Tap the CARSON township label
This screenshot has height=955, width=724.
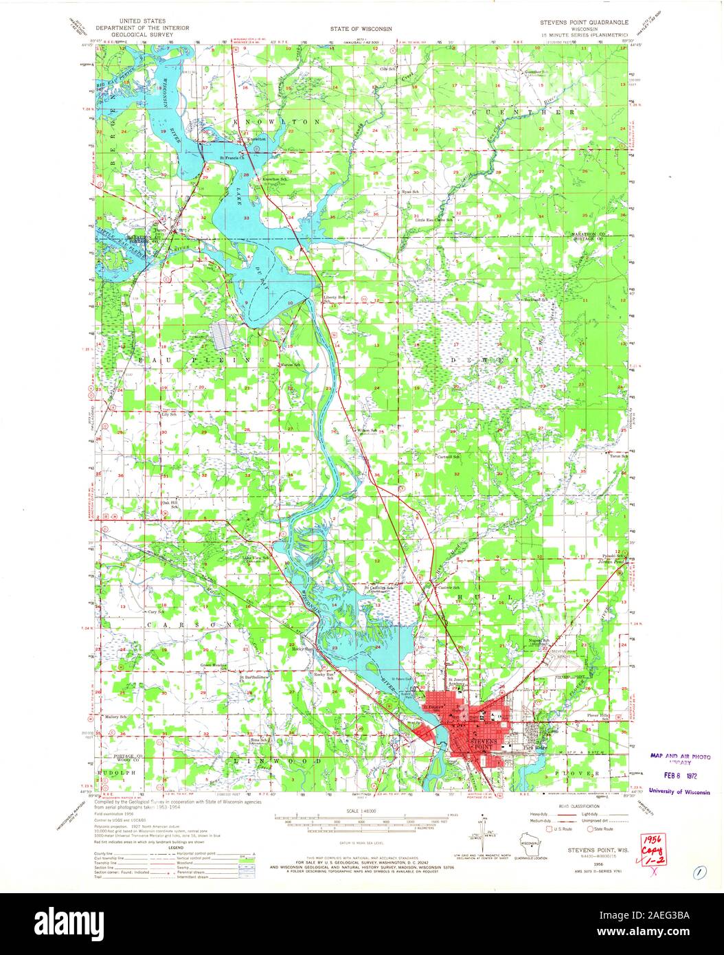[188, 624]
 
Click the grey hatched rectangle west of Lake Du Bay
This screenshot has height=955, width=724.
[223, 335]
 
